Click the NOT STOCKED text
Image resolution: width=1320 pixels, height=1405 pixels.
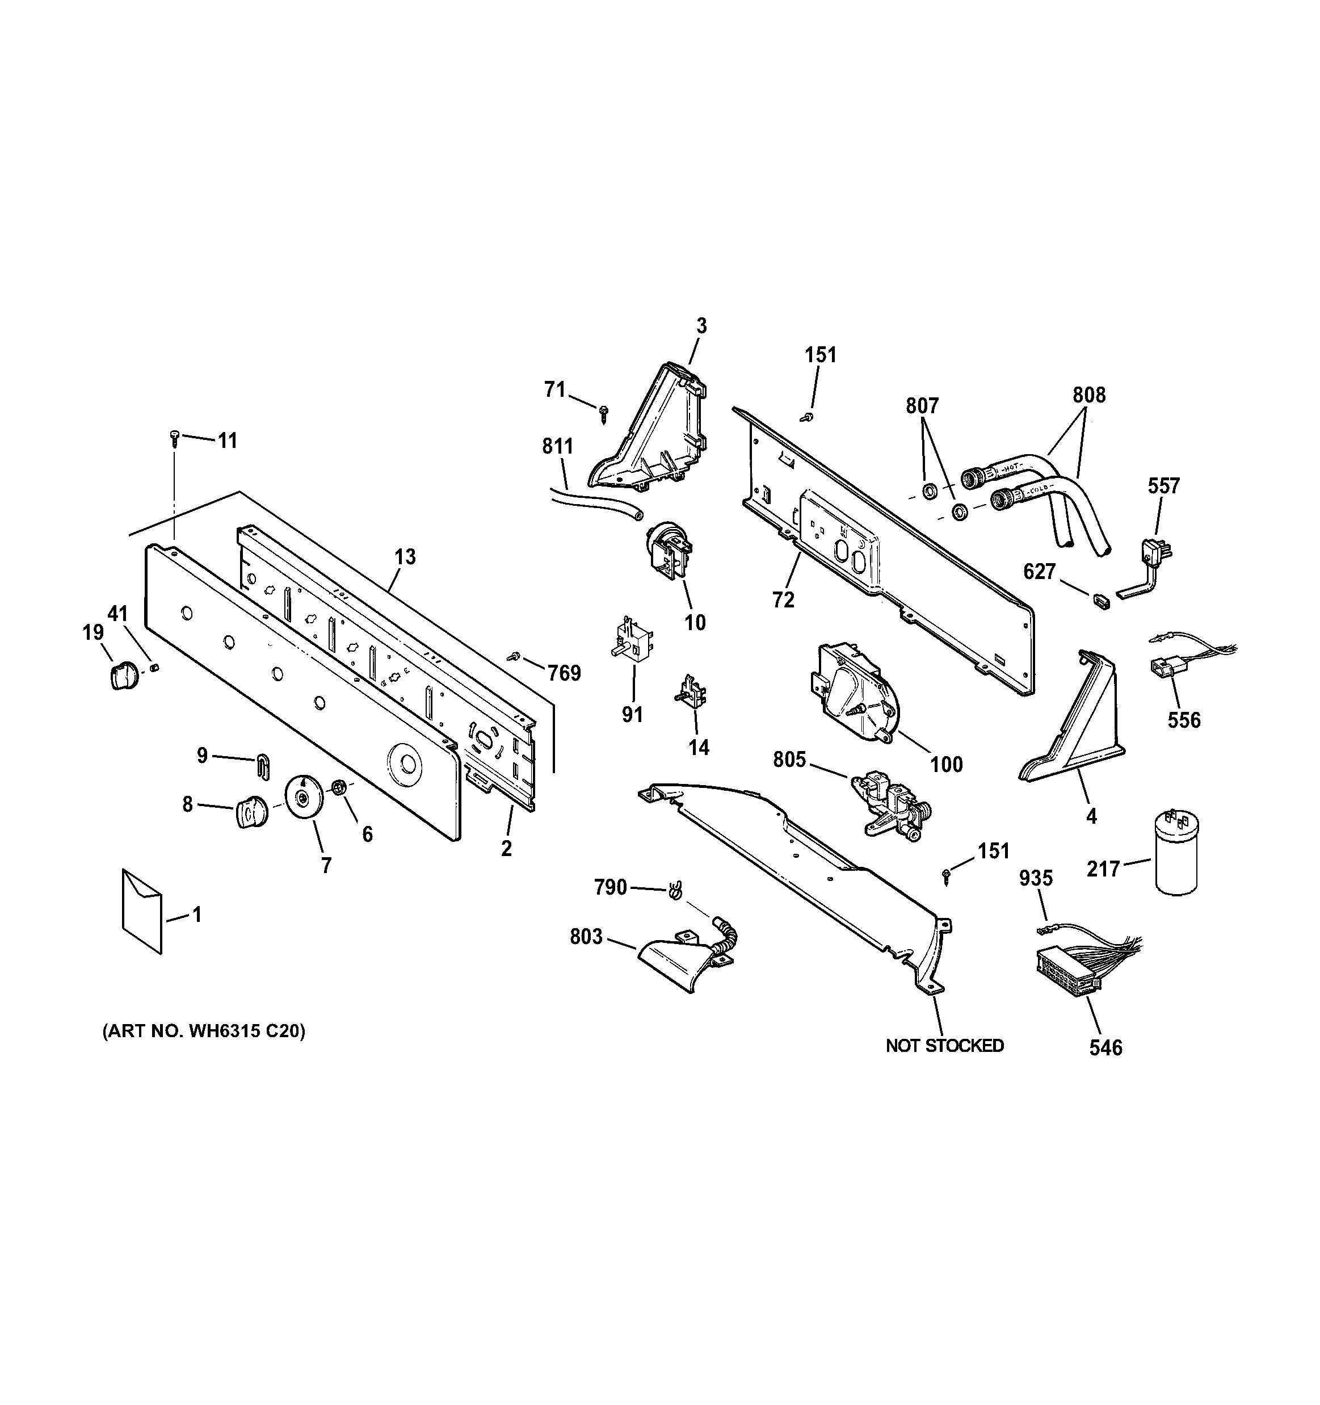coord(944,1045)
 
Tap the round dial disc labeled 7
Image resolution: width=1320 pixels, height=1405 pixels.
coord(303,796)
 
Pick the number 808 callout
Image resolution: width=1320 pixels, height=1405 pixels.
coord(1088,395)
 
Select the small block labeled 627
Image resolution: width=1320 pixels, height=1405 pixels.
coord(1101,601)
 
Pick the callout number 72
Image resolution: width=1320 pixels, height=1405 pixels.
coord(783,599)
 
